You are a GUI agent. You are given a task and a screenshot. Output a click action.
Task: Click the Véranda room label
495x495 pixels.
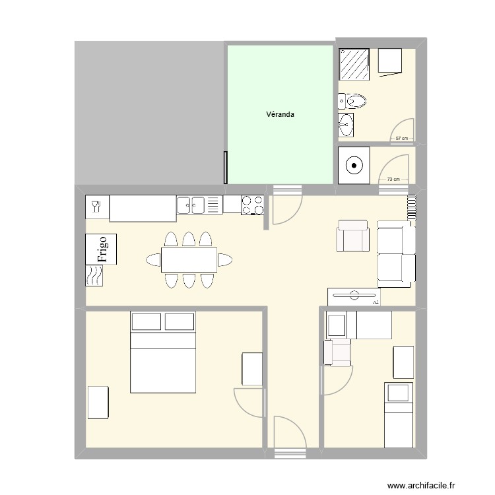click(280, 114)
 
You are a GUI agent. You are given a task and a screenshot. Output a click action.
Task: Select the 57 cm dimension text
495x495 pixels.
click(401, 139)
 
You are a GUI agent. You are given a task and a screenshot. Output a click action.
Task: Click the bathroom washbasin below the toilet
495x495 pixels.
click(345, 123)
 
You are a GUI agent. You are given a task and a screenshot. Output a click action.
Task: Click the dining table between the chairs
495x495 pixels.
click(189, 259)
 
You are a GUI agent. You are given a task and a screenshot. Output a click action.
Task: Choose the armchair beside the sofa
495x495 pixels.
click(352, 236)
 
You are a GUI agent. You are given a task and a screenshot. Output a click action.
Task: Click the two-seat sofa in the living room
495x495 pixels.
click(396, 254)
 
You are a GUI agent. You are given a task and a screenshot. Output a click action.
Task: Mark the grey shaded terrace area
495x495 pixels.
click(148, 112)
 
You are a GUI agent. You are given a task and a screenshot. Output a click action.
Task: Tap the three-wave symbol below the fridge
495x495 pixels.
click(95, 275)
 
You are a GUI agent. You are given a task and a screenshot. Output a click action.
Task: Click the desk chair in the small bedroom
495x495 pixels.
click(339, 352)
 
